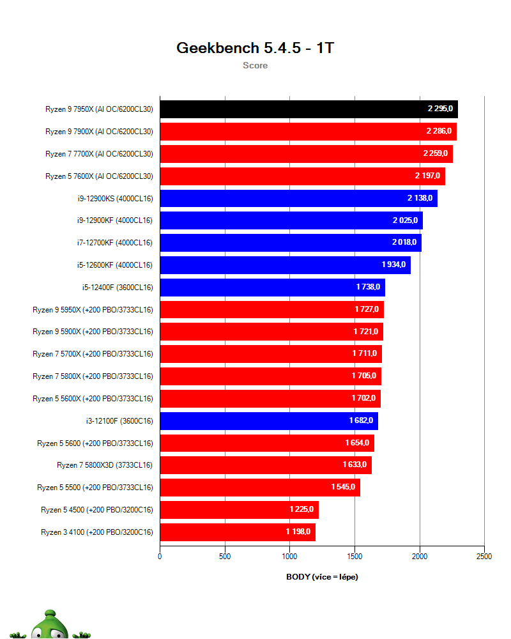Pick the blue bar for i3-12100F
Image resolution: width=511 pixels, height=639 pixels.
point(269,420)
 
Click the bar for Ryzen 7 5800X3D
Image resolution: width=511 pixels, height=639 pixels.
point(266,465)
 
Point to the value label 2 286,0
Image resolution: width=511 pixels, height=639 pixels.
point(439,131)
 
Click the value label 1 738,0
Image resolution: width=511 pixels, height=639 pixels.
point(368,287)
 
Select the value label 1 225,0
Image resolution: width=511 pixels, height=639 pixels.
point(301,509)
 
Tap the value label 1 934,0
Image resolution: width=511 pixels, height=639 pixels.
point(393,265)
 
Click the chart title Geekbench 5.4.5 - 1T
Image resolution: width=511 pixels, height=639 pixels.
point(255,48)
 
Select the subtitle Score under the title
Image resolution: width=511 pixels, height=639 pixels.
point(255,65)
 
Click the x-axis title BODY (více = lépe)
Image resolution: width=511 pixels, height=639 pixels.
point(322,576)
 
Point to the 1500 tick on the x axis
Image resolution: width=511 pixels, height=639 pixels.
point(355,557)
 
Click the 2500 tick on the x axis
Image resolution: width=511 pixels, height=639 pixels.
point(484,557)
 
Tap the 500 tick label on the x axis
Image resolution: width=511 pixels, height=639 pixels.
point(225,557)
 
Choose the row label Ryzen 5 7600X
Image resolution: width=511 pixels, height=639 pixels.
point(99,176)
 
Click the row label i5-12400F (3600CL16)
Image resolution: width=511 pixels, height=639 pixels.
point(118,287)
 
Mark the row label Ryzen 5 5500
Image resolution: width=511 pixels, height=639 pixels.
point(95,488)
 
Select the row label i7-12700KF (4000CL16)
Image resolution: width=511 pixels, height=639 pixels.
point(114,243)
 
